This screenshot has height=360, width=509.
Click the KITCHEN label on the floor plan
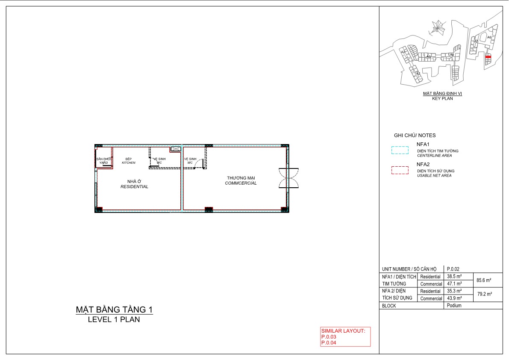[x=128, y=163]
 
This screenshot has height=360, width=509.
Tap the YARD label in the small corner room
[x=103, y=162]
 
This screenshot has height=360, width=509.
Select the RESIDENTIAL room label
[x=134, y=187]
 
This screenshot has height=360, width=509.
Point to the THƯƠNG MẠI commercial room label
[x=241, y=177]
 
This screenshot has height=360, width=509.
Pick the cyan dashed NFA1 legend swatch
[x=400, y=150]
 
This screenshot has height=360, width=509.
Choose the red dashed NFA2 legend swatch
[x=400, y=171]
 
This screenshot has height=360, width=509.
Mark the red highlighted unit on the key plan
[x=488, y=57]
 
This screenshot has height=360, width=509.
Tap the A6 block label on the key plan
[x=489, y=38]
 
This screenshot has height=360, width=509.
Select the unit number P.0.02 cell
[x=453, y=269]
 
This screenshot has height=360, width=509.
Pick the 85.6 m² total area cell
[x=484, y=280]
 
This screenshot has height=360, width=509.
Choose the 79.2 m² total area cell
[x=484, y=295]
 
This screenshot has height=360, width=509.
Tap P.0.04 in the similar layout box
[x=329, y=342]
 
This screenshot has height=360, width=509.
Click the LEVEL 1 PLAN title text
[x=114, y=319]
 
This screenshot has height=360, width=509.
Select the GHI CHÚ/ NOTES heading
[x=415, y=135]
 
